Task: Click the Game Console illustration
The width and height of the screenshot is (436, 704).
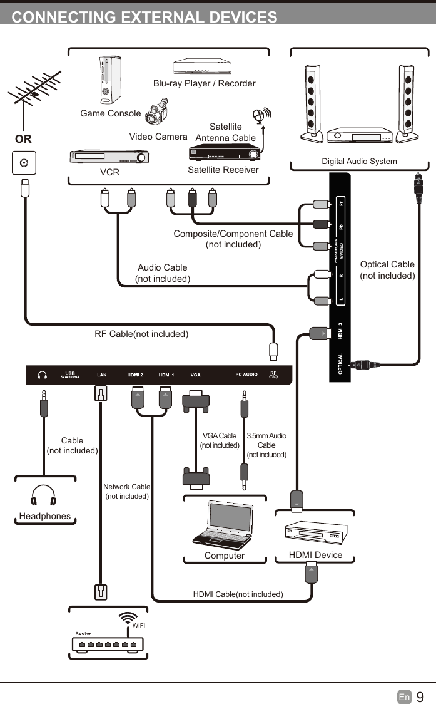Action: pos(109,80)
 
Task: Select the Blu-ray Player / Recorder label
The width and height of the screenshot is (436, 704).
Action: pos(204,83)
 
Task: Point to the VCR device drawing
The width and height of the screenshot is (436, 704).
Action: pos(109,157)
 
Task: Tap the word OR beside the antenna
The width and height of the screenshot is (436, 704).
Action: pos(23,138)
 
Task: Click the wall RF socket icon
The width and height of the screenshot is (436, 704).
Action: pos(24,163)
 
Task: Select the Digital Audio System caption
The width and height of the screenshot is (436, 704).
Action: pos(359,162)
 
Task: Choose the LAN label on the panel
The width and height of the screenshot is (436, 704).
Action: pos(101,375)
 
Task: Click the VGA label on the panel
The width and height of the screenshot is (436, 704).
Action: pos(195,375)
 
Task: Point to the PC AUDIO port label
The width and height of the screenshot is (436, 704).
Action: pos(246,375)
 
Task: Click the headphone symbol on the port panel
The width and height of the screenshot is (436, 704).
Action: pos(43,375)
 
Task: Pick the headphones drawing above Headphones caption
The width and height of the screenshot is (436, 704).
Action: pos(43,496)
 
